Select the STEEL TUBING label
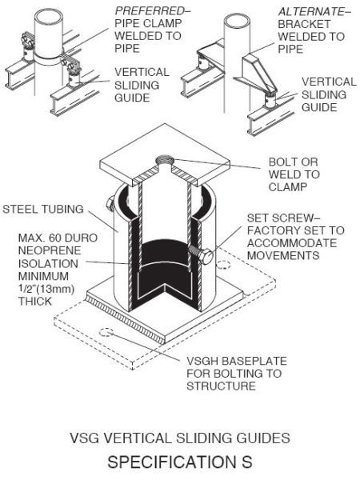(41, 210)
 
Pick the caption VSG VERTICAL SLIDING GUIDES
(180, 438)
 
